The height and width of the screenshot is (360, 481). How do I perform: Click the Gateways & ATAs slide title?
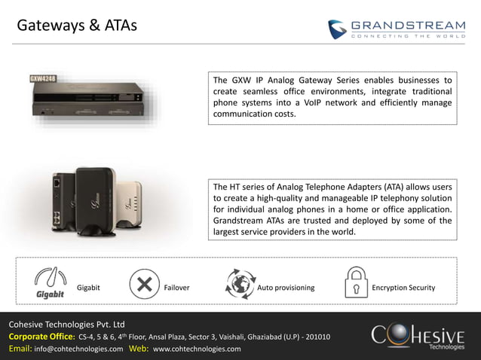click(x=77, y=26)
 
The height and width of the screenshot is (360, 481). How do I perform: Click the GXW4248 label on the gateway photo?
click(x=44, y=78)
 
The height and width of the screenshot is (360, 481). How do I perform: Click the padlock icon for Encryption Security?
click(x=356, y=282)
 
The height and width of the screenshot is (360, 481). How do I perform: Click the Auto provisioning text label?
click(x=286, y=288)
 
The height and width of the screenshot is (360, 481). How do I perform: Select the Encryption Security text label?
click(x=403, y=288)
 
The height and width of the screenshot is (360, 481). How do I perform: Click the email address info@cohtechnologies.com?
click(x=78, y=349)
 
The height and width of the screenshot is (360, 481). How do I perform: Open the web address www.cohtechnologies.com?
click(x=197, y=349)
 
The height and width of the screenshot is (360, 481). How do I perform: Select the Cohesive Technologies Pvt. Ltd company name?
click(x=62, y=324)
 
